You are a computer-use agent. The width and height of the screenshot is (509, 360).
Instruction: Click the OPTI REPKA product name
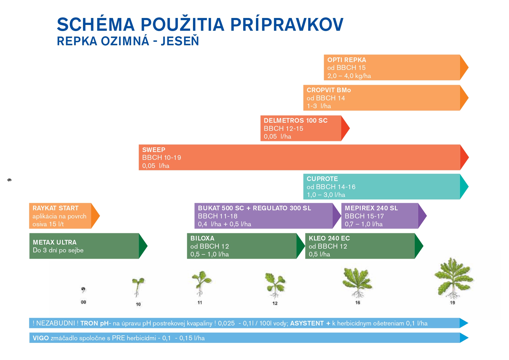pyautogui.click(x=346, y=60)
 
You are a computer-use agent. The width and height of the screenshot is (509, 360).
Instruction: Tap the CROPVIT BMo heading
pyautogui.click(x=329, y=90)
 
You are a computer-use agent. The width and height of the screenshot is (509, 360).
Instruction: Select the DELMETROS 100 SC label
pyautogui.click(x=295, y=120)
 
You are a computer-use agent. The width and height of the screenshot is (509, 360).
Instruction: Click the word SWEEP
pyautogui.click(x=154, y=150)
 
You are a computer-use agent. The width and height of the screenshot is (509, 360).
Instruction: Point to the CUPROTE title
pyautogui.click(x=322, y=179)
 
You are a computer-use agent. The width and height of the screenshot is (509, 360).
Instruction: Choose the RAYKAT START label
pyautogui.click(x=55, y=208)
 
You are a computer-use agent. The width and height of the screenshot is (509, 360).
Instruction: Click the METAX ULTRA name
pyautogui.click(x=55, y=242)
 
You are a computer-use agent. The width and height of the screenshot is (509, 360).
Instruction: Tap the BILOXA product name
pyautogui.click(x=202, y=238)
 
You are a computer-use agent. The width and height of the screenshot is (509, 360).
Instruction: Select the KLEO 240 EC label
pyautogui.click(x=329, y=238)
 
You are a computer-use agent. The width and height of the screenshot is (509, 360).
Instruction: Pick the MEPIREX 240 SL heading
pyautogui.click(x=371, y=208)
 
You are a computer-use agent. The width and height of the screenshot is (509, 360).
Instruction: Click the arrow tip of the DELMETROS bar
pyautogui.click(x=349, y=128)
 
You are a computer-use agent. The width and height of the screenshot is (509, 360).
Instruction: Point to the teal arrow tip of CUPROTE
pyautogui.click(x=468, y=187)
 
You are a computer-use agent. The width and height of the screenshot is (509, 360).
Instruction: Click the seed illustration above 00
pyautogui.click(x=83, y=290)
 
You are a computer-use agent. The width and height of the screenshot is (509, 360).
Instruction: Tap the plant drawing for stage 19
pyautogui.click(x=453, y=278)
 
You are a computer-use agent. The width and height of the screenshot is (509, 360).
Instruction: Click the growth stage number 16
pyautogui.click(x=358, y=303)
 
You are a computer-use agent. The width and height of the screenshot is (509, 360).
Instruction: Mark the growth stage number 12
pyautogui.click(x=275, y=303)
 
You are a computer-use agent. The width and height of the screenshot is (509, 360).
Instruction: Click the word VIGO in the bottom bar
pyautogui.click(x=41, y=338)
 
